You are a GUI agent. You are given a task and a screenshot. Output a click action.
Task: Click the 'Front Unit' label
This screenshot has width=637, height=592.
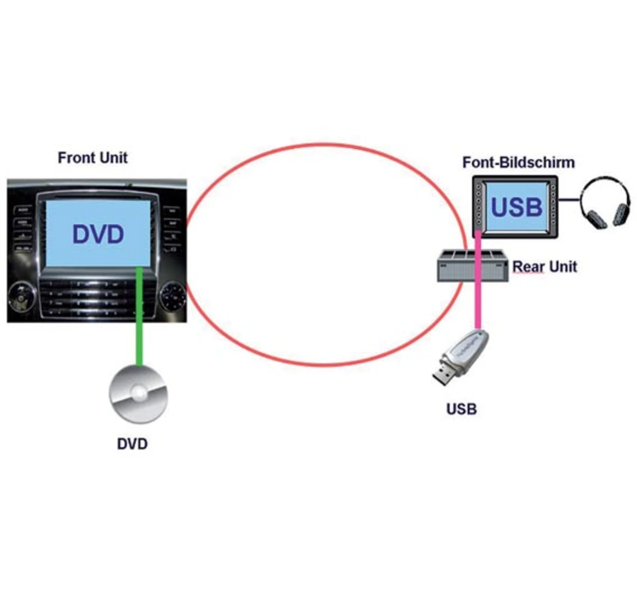[x=93, y=158]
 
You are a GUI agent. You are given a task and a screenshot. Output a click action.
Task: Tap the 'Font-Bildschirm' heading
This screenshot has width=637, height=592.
[x=519, y=162]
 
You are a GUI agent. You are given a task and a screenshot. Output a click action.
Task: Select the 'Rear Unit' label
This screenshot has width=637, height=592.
[x=544, y=267]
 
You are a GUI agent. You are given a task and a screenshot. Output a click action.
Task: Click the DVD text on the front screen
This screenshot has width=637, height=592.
[x=98, y=234]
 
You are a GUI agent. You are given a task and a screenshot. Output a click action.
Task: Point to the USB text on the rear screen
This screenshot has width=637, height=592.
[x=517, y=207]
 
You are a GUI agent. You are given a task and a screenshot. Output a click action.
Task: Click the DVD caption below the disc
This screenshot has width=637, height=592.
[x=132, y=444]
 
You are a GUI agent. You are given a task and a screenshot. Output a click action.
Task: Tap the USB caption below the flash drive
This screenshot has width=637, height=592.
[x=461, y=409]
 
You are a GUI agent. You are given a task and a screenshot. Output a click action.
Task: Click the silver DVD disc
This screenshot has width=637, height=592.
[x=138, y=394]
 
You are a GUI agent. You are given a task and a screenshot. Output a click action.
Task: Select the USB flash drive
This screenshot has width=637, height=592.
[x=461, y=357]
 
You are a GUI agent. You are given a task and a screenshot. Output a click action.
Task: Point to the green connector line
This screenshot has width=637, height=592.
[x=139, y=316]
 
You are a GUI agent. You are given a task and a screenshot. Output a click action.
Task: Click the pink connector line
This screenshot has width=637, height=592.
[x=478, y=280]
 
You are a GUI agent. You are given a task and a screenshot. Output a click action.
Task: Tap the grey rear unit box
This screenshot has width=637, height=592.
[x=473, y=266]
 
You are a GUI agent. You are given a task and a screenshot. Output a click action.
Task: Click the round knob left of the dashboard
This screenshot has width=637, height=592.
[x=21, y=296]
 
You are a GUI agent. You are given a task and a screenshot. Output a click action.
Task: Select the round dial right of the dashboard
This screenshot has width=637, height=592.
[x=173, y=296]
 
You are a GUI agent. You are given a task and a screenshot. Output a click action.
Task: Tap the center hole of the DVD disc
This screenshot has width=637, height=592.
[x=139, y=392]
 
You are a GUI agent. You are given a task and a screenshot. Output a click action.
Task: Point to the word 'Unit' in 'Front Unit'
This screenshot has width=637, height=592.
[x=113, y=158]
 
